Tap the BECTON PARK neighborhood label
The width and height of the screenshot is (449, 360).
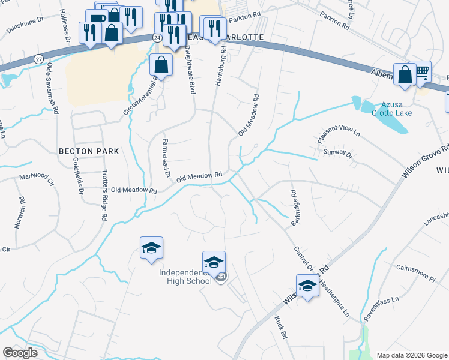(x=89, y=151)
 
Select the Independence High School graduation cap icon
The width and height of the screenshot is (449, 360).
(x=214, y=262)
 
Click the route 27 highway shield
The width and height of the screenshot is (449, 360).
(x=39, y=58)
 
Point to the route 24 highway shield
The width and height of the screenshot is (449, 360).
(x=157, y=37)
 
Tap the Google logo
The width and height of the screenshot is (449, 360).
(x=20, y=352)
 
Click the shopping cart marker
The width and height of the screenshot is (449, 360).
(x=421, y=72)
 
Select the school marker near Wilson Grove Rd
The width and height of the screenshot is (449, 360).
(x=307, y=286)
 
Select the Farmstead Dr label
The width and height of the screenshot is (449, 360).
(x=165, y=159)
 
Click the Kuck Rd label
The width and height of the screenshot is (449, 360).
(x=281, y=328)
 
